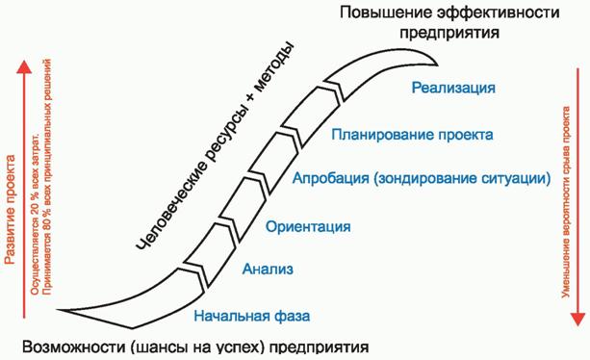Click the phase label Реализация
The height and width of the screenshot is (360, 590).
[453, 89]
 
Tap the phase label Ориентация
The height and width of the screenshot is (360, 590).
[307, 226]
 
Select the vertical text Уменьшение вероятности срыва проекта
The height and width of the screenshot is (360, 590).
[568, 202]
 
